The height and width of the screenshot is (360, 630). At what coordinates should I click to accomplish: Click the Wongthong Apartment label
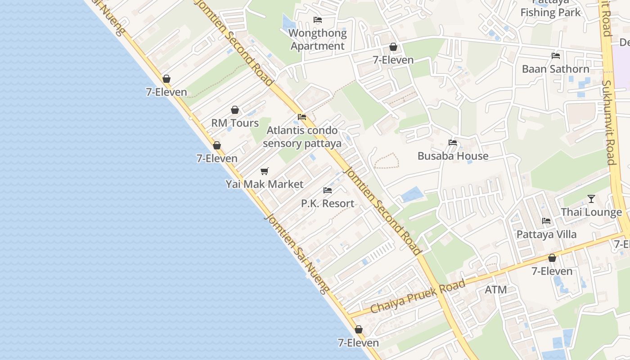point(318,40)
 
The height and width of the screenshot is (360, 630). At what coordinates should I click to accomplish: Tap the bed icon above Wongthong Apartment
point(318,20)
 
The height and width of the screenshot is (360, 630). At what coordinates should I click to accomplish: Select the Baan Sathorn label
point(555,69)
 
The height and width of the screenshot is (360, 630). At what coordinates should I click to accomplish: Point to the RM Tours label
point(235,123)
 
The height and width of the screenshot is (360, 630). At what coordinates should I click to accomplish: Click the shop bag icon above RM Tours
point(235,110)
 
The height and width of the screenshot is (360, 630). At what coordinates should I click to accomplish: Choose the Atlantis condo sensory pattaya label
point(302,137)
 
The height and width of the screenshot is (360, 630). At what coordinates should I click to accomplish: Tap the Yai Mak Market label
point(265,184)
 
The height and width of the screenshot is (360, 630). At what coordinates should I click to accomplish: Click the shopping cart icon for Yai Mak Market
point(265,171)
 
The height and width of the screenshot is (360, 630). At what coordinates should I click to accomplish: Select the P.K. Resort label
point(328,203)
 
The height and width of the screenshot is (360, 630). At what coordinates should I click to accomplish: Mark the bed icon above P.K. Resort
point(328,190)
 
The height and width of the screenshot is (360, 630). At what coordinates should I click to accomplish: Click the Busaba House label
point(453,156)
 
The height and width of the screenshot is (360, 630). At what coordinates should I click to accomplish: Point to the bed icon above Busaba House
point(453,143)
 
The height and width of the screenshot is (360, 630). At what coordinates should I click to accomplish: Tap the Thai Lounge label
point(591,212)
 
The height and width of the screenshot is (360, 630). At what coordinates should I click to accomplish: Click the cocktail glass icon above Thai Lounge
point(591,199)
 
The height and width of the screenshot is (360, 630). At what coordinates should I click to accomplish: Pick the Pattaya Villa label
point(546,234)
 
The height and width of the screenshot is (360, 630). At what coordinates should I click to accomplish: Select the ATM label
point(496,290)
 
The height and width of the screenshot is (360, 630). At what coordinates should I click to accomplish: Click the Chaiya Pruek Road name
point(417,297)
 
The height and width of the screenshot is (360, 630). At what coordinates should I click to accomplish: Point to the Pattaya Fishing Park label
point(551,9)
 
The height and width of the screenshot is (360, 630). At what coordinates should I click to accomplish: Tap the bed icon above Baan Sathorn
point(556,56)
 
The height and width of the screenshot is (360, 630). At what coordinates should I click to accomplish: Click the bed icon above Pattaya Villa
point(546,221)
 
